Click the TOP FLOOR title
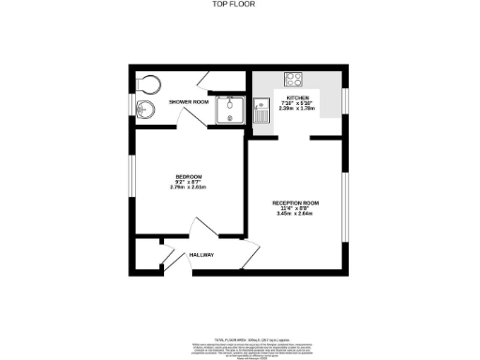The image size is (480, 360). click(239, 4)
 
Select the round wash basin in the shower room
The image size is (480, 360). click(143, 112)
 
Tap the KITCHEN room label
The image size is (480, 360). click(298, 97)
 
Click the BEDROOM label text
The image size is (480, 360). click(187, 175)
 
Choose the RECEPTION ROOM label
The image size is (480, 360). click(296, 202)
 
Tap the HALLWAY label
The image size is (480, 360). click(202, 255)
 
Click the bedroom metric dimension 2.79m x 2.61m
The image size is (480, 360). click(187, 187)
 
